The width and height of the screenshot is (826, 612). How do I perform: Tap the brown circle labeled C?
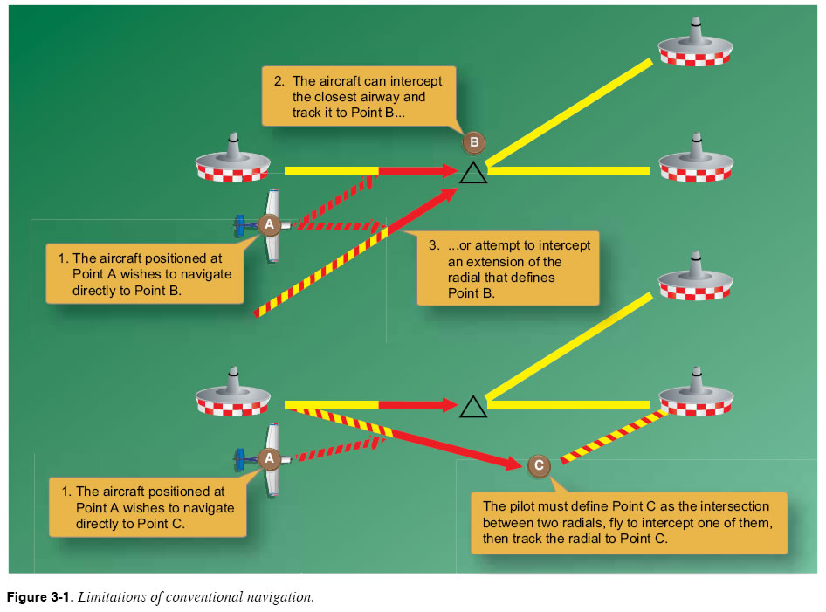pos(540,465)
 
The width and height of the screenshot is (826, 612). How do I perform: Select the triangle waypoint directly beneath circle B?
pos(472,172)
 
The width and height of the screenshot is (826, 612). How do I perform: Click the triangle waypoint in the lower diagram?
pos(472,407)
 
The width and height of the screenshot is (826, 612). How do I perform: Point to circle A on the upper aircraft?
pos(270,224)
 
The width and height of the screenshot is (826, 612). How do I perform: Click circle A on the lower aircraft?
pos(270,457)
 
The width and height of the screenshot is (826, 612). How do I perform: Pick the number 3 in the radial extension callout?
pos(434,246)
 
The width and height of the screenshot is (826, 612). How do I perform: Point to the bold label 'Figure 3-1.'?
pos(41,597)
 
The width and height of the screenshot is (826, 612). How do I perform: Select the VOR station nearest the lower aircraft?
pos(232,393)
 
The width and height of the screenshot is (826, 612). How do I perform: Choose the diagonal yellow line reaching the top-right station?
pos(568,113)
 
